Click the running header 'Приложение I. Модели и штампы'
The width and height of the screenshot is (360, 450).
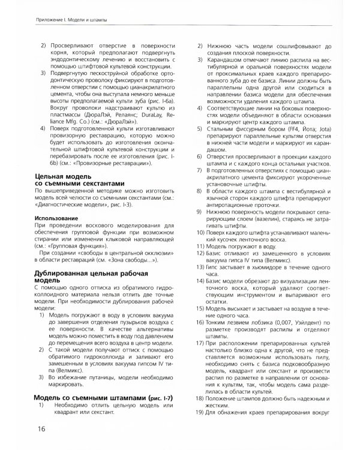point(63,20)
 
